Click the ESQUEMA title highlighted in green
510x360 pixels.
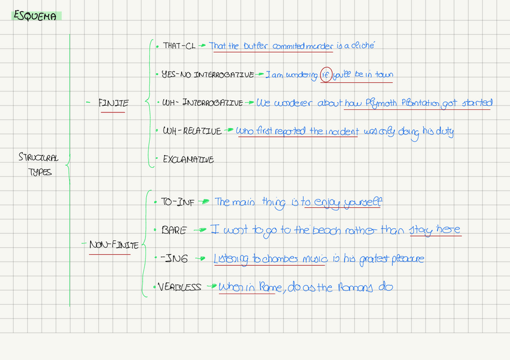pyautogui.click(x=35, y=17)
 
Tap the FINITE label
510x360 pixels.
pyautogui.click(x=113, y=103)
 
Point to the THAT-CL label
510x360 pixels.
pyautogui.click(x=179, y=46)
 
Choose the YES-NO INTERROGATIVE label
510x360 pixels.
pyautogui.click(x=207, y=75)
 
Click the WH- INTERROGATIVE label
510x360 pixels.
pyautogui.click(x=203, y=103)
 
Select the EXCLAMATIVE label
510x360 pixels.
pyautogui.click(x=188, y=160)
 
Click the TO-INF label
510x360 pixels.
pyautogui.click(x=178, y=203)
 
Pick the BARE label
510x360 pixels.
pyautogui.click(x=174, y=230)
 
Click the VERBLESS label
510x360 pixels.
pyautogui.click(x=180, y=287)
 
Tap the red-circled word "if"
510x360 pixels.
pyautogui.click(x=326, y=75)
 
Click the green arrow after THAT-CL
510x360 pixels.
pyautogui.click(x=203, y=46)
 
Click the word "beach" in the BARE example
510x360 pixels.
pyautogui.click(x=331, y=230)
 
